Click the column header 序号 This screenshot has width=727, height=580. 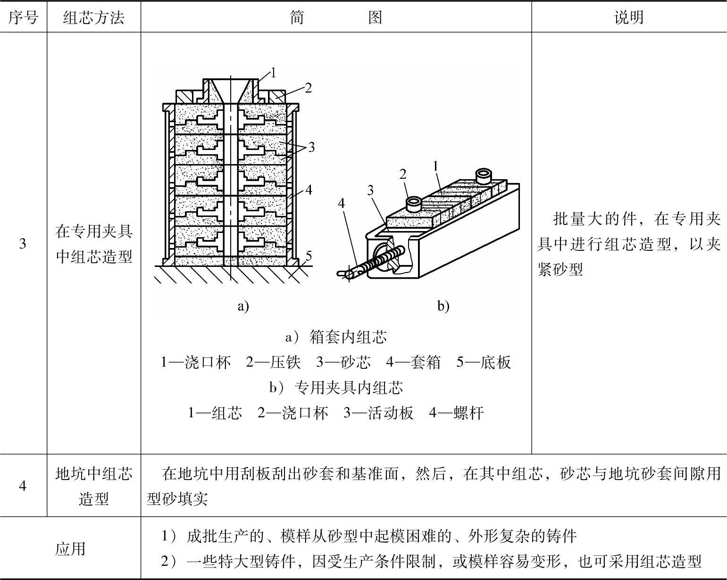pos(23,18)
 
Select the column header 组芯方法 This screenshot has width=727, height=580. pos(93,18)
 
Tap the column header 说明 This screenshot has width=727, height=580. pos(629,18)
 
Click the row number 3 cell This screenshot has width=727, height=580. pos(23,244)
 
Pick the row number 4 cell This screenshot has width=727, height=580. pos(23,486)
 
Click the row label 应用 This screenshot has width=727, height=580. pos(70,548)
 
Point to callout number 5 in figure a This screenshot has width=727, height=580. pos(308,256)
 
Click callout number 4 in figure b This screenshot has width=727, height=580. pos(342,203)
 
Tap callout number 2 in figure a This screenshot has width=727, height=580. pos(308,88)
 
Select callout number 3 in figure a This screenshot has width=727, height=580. pos(311,147)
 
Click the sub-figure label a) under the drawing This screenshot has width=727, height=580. pos(242,307)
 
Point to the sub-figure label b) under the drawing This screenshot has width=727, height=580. pos(443,307)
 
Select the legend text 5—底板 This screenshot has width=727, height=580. pos(484,362)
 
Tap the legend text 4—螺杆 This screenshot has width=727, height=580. pos(456,413)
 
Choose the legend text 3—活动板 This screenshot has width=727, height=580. pos(378,413)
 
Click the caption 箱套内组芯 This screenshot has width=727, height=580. pos(348,337)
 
